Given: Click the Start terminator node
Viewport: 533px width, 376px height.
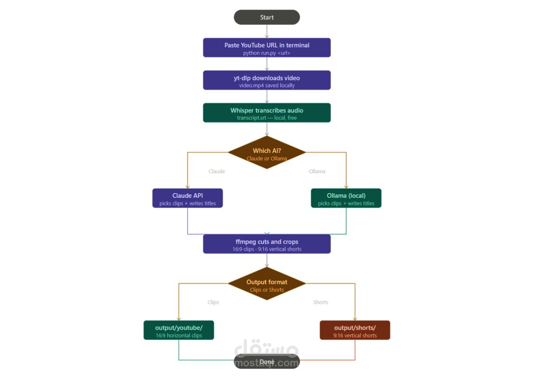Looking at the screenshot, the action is coord(267,17).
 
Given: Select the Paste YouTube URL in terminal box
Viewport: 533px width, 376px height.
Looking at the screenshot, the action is coord(267,47).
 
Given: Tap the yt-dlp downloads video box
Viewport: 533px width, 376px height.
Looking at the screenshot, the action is coord(267,80).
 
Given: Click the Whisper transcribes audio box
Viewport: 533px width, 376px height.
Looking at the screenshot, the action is coord(267,113).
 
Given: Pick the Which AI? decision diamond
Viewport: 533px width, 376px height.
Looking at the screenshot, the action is coord(267,152).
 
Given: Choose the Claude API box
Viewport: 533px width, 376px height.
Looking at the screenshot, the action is coord(187,198).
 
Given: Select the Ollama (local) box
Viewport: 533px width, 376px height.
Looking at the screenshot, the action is coord(346,198).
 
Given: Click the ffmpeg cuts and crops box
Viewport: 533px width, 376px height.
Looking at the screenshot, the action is coord(267,244).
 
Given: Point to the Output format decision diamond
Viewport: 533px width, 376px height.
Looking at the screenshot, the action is coord(267,284).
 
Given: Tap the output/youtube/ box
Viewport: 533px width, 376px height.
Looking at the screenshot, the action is coord(179,330).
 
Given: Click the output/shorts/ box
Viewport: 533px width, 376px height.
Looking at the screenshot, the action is coord(355,330).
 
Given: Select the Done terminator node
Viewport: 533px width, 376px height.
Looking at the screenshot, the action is coord(267,361).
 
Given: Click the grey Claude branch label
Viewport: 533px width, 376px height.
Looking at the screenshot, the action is coord(217,171).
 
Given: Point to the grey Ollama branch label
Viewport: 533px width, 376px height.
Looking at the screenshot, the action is coord(317,171).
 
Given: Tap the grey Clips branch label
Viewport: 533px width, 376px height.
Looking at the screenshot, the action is coord(213,302).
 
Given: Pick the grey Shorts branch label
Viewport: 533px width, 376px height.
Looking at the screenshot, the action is coord(321,302).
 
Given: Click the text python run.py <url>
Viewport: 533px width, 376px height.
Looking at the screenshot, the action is coord(266,53).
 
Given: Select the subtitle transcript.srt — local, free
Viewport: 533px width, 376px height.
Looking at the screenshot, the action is coord(267,118).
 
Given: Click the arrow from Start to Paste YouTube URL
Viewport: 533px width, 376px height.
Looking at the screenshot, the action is coord(267,31).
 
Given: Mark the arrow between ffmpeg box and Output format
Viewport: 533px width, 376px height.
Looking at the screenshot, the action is coord(267,260).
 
